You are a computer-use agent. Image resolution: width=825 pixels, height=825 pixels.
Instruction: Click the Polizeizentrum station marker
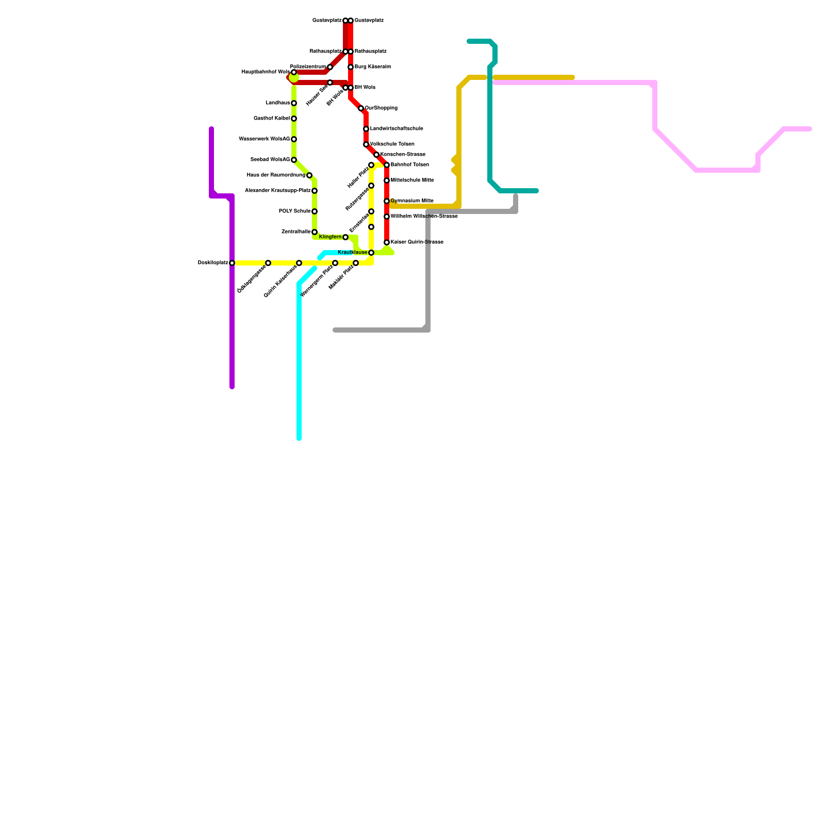330,67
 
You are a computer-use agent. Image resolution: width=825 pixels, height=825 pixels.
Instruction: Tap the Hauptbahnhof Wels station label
266,72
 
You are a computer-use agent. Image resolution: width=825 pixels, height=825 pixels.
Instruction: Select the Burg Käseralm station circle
351,67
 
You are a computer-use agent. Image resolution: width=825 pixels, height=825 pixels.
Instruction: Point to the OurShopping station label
381,108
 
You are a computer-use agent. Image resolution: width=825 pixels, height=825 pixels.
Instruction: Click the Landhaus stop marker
294,103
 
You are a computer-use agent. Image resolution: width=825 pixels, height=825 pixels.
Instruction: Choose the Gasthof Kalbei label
272,119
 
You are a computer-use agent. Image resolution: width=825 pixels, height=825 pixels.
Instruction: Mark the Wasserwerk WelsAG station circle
294,139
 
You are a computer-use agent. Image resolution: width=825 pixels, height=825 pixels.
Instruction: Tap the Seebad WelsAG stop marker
294,160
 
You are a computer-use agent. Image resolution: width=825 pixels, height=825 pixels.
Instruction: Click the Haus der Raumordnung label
276,175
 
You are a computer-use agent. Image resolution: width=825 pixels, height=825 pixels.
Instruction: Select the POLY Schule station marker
315,211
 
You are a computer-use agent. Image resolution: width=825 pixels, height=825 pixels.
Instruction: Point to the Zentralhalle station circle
315,232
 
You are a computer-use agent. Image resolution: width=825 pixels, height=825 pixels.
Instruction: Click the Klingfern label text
330,237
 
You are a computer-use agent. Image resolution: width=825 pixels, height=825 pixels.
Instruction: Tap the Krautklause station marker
371,253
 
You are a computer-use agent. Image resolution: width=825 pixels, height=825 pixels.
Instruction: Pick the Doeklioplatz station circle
232,263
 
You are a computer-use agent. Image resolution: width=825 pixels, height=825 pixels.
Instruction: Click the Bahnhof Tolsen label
410,165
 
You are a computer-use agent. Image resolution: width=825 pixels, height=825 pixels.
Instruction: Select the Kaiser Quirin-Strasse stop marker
387,242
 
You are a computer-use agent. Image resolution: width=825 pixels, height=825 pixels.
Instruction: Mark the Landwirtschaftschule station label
397,129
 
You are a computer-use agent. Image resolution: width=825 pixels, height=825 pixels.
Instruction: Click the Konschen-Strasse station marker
376,155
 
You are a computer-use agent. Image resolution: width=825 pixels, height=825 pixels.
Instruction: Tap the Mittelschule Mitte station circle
387,180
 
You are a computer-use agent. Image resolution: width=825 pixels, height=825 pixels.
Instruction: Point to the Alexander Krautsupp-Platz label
277,191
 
